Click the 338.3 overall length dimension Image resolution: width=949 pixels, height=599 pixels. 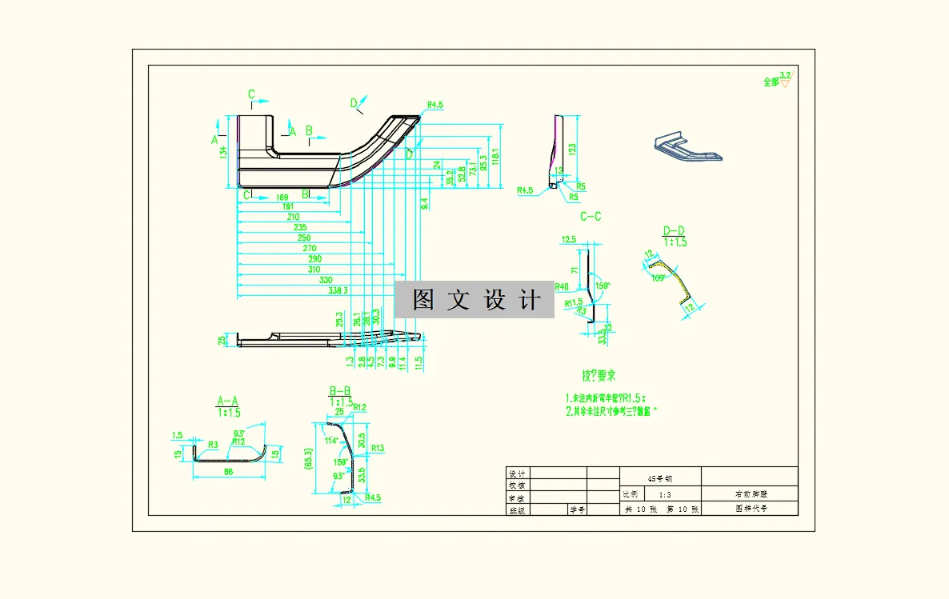pyautogui.click(x=341, y=291)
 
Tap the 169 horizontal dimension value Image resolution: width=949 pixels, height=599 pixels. pyautogui.click(x=282, y=197)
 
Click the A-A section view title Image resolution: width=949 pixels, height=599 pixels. pyautogui.click(x=228, y=401)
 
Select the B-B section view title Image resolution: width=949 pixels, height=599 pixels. pyautogui.click(x=341, y=390)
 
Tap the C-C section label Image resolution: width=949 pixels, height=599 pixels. pyautogui.click(x=591, y=217)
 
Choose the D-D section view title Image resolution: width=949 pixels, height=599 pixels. pyautogui.click(x=675, y=232)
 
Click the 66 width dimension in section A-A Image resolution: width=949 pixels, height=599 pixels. pyautogui.click(x=228, y=473)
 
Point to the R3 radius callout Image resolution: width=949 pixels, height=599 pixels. pyautogui.click(x=213, y=444)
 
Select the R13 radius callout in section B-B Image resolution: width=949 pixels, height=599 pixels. pyautogui.click(x=378, y=448)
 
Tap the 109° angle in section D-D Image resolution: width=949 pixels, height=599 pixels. pyautogui.click(x=659, y=278)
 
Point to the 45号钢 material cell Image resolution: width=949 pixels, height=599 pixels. pyautogui.click(x=660, y=477)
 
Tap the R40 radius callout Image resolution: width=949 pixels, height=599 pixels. pyautogui.click(x=562, y=286)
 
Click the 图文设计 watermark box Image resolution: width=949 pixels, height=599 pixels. pyautogui.click(x=474, y=300)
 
